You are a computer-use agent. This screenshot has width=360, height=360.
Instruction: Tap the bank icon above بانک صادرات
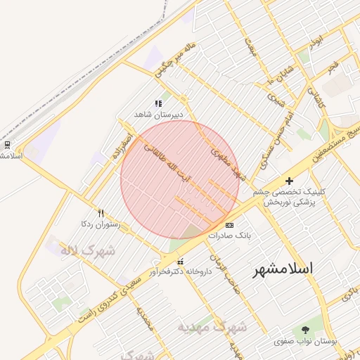click(x=229, y=225)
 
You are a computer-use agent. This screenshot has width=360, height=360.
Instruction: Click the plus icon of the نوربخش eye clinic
click(x=289, y=181)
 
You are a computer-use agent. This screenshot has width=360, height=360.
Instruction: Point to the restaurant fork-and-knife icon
click(x=101, y=213)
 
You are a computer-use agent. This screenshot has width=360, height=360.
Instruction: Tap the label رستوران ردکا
click(x=101, y=224)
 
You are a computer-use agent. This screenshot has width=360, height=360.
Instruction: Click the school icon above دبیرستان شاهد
click(x=158, y=103)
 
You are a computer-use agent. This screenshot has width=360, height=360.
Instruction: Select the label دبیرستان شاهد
click(x=159, y=113)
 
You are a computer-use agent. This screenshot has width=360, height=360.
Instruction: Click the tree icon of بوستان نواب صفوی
click(x=304, y=330)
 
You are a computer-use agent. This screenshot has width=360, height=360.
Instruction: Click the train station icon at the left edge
click(x=7, y=144)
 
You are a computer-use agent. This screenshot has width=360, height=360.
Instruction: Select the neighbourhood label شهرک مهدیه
click(x=212, y=327)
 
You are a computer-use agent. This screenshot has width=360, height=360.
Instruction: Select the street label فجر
click(x=332, y=67)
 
